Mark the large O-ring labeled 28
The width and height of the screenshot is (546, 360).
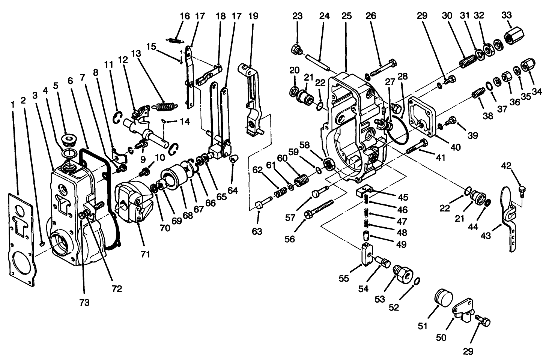397,132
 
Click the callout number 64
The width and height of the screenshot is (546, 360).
232,190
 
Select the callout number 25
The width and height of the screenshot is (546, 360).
346,16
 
